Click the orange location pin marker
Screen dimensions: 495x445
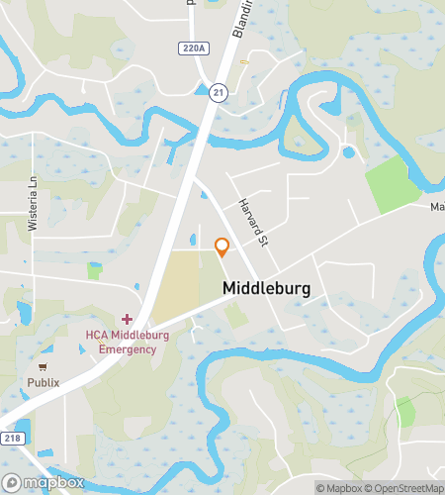point(222,247)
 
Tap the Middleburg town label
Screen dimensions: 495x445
point(267,289)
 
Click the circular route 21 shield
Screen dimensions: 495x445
point(217,92)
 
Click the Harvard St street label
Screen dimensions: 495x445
point(253,222)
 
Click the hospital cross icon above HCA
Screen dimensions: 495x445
point(127,319)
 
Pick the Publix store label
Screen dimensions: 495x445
point(44,382)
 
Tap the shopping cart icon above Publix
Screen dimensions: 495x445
point(44,364)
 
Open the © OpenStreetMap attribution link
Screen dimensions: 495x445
point(405,487)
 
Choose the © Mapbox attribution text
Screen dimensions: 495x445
point(338,487)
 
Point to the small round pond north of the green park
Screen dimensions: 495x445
point(347,152)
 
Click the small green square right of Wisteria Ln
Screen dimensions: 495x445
point(94,270)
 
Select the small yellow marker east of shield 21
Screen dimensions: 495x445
point(244,61)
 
